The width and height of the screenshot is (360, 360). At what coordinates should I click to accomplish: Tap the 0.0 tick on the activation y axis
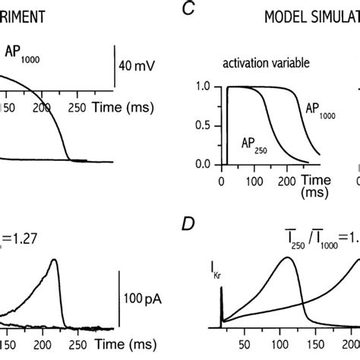[199, 163]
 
